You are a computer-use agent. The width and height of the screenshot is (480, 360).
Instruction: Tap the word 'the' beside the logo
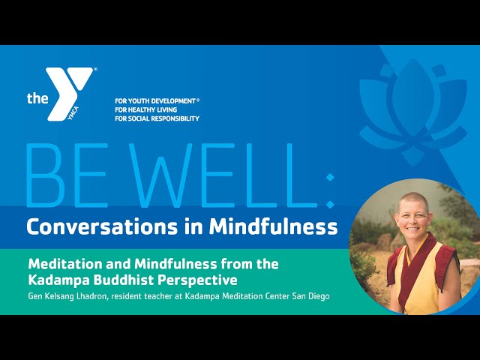(x=37, y=98)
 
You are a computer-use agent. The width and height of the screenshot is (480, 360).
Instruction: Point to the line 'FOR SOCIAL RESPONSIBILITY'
(x=157, y=118)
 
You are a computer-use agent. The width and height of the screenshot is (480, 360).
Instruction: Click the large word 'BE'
(x=67, y=175)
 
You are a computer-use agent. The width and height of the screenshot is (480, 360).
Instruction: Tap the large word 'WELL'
(x=214, y=175)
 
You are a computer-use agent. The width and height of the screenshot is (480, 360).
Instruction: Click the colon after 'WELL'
(x=330, y=190)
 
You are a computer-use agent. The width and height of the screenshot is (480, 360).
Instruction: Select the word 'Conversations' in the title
(x=102, y=226)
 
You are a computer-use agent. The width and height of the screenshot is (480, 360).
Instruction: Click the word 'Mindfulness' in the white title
(x=273, y=226)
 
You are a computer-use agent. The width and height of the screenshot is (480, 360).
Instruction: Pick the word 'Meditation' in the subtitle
(x=65, y=264)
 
